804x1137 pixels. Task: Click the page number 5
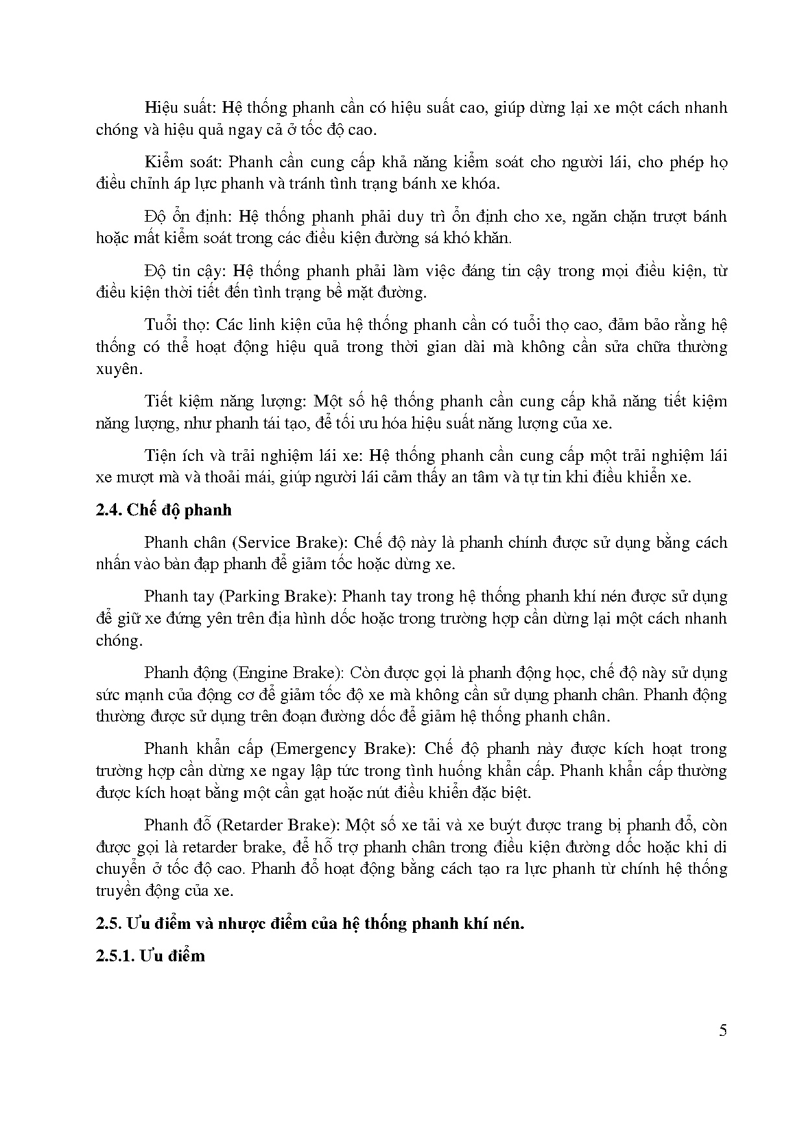click(x=723, y=1031)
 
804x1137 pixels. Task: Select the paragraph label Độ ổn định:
click(x=187, y=216)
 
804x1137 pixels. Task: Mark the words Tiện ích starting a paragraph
click(x=172, y=456)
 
